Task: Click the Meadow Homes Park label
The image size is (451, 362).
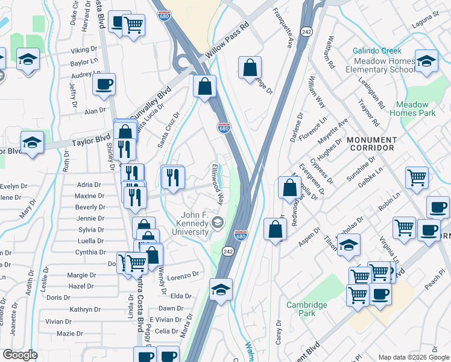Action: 412,109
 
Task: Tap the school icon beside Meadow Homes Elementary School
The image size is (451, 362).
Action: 427,61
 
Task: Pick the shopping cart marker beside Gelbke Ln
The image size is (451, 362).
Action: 416,177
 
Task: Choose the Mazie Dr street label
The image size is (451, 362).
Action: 69,334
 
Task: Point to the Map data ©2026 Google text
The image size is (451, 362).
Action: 413,357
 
